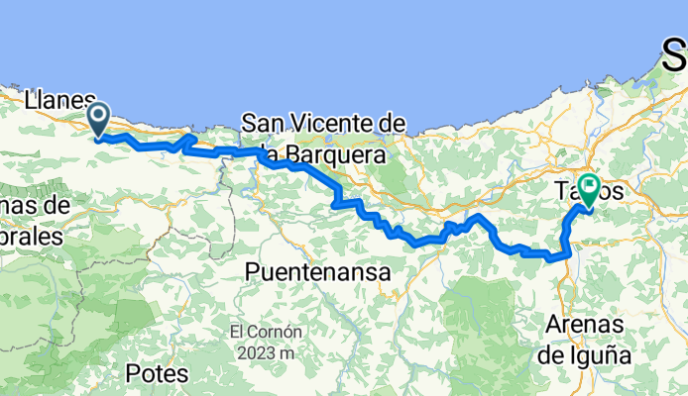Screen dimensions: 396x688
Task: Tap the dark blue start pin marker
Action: click(x=100, y=120)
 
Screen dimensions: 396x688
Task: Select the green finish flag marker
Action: click(x=590, y=188)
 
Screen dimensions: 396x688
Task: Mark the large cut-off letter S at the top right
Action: click(x=674, y=57)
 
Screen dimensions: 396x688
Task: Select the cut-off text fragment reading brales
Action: click(x=30, y=237)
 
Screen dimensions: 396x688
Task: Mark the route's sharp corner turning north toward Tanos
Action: click(x=566, y=254)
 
